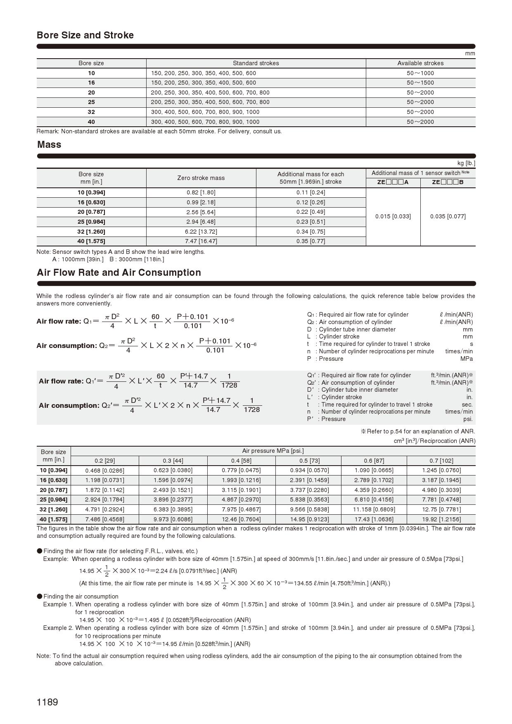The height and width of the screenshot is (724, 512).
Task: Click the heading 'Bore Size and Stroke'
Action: pos(85,35)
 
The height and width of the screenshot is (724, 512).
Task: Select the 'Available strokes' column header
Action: pos(420,63)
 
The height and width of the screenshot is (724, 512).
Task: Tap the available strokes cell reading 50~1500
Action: pos(420,83)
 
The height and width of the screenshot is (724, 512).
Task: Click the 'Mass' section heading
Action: pos(49,144)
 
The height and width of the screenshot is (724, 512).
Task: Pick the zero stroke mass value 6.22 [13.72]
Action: pos(201,232)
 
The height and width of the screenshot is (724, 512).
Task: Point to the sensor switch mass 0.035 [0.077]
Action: pos(448,216)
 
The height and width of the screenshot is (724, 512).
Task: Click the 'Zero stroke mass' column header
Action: pos(201,178)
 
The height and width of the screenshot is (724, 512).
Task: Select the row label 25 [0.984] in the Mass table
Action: pos(91,222)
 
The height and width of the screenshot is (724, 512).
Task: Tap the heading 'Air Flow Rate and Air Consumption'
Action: pos(119,272)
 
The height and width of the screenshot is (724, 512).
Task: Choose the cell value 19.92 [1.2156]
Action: pos(441,519)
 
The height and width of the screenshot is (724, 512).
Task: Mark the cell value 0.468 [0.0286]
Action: pos(104,471)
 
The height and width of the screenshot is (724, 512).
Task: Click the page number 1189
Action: pos(47,702)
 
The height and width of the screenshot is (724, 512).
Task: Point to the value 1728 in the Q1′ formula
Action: pos(229,385)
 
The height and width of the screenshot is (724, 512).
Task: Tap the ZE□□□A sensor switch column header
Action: pos(393,182)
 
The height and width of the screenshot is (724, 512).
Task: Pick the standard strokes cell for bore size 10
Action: pos(204,73)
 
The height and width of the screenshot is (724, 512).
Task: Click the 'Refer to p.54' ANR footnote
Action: pos(418,431)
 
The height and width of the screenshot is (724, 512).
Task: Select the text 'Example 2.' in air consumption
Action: pos(58,628)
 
